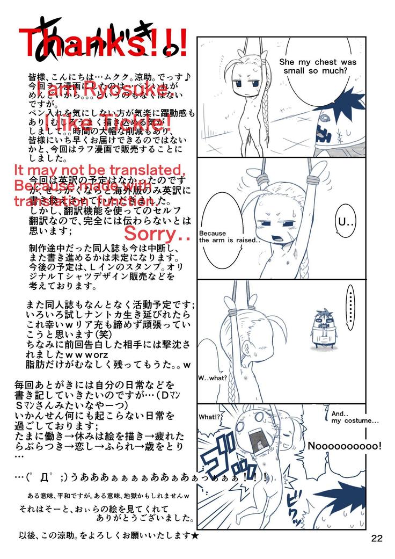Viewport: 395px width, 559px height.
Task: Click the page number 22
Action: (x=376, y=538)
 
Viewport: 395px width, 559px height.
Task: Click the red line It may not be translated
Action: (x=99, y=171)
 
